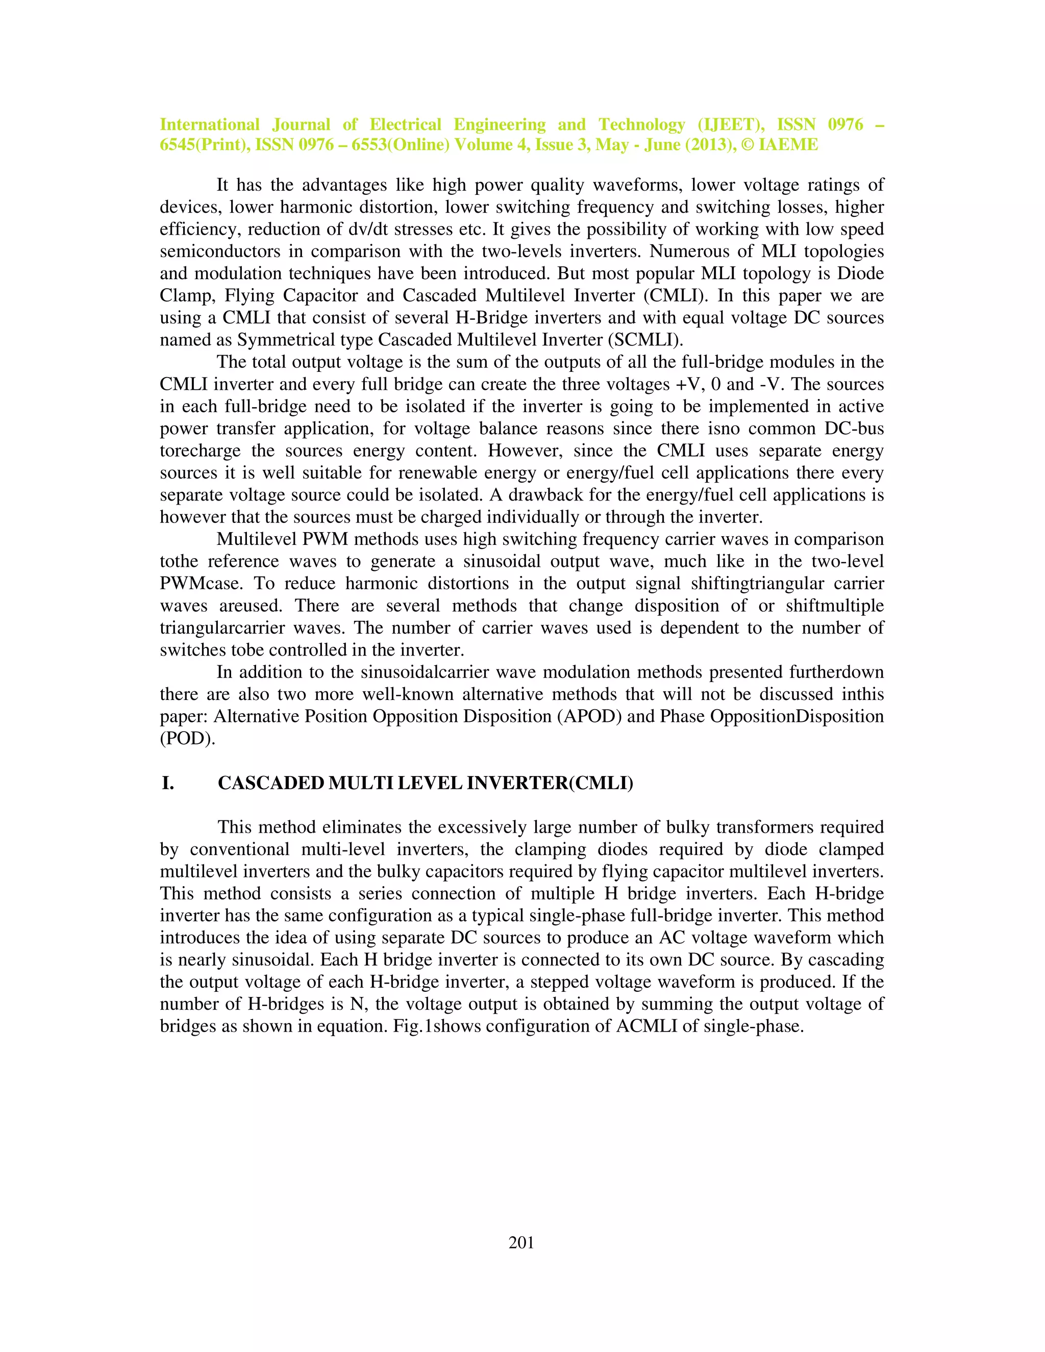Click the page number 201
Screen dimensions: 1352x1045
pyautogui.click(x=521, y=1242)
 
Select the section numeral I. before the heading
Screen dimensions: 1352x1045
pyautogui.click(x=168, y=783)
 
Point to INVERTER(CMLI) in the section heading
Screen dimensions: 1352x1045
pyautogui.click(x=550, y=783)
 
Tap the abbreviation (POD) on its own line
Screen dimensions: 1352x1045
pyautogui.click(x=187, y=739)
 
